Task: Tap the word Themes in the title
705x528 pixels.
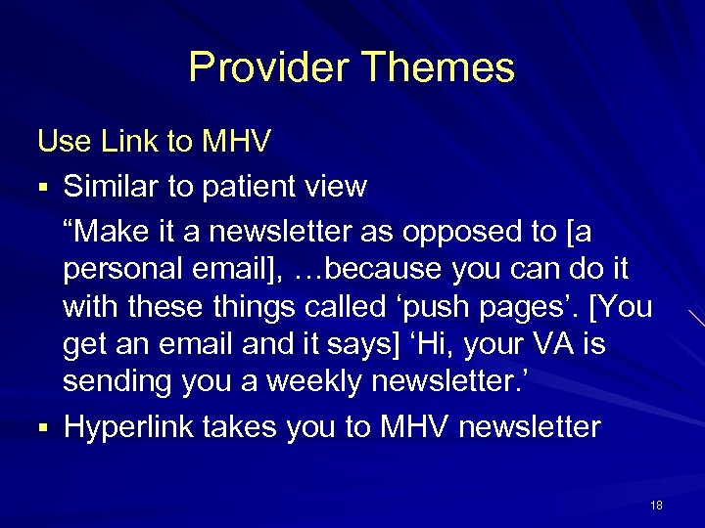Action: tap(437, 67)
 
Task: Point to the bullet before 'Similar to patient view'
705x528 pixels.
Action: tap(43, 187)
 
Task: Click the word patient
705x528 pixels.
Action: tap(256, 186)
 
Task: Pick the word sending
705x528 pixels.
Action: tap(119, 382)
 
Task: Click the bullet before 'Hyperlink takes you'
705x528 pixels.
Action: tap(43, 427)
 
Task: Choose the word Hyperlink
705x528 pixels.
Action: tap(132, 426)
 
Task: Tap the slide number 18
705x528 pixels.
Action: tap(656, 505)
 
